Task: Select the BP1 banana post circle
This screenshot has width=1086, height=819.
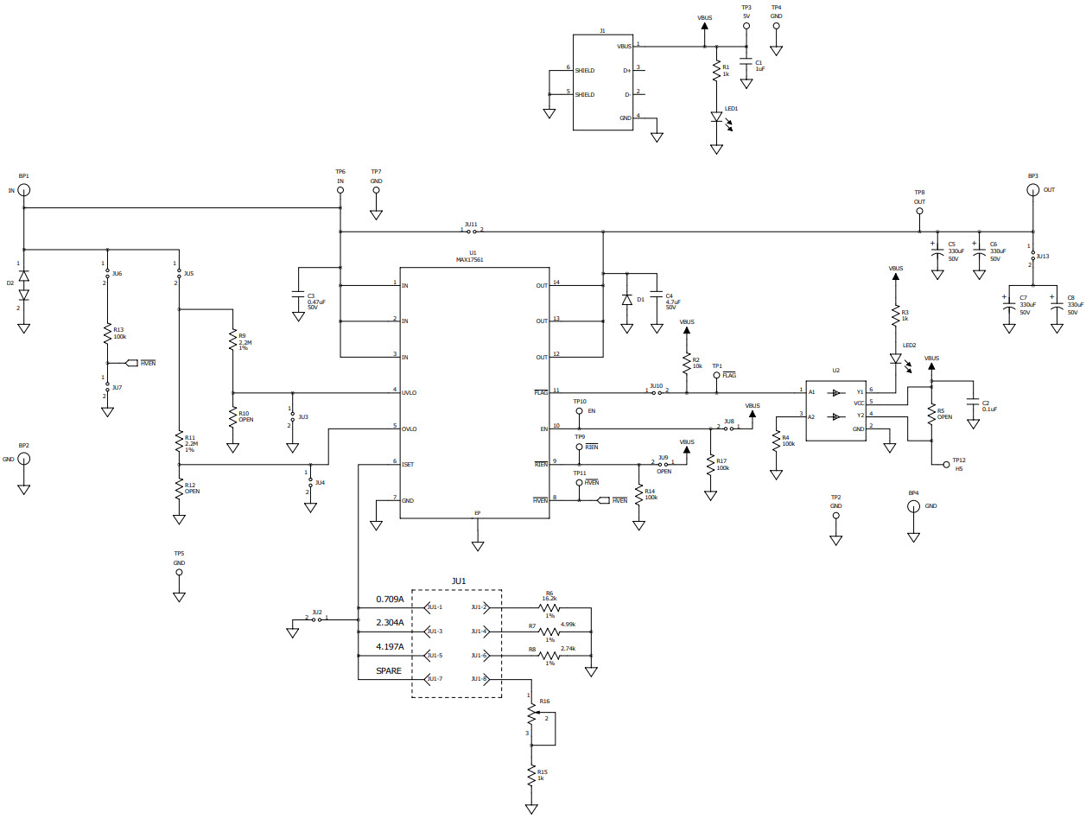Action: [23, 190]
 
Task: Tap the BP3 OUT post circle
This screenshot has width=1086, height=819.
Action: [1032, 190]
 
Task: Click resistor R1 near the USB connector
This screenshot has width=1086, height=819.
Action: [716, 71]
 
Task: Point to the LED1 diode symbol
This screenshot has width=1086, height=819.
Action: [716, 117]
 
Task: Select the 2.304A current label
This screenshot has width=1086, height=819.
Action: [390, 622]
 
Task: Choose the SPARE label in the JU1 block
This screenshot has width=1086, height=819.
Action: [389, 670]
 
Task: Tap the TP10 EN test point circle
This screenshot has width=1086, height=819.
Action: [580, 411]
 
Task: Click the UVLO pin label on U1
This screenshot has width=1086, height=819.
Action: [410, 392]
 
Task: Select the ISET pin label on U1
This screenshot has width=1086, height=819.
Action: [407, 464]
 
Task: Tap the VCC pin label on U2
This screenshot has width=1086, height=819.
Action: [859, 403]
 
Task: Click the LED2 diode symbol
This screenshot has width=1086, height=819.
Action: [896, 357]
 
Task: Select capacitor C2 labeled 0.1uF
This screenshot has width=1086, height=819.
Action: [973, 404]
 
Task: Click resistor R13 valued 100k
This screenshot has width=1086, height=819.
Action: [108, 333]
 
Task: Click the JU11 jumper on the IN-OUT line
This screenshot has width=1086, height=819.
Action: [472, 232]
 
